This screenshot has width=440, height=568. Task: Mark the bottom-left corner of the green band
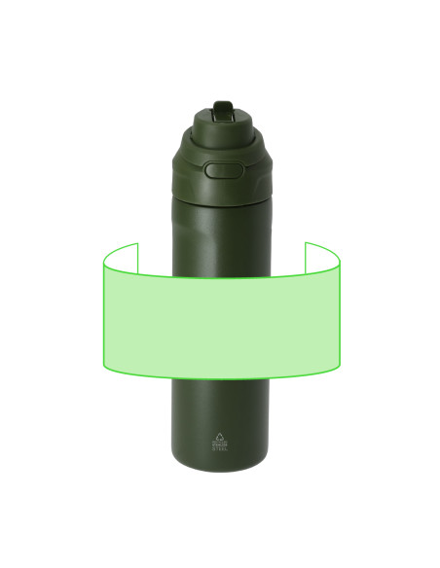(x=104, y=368)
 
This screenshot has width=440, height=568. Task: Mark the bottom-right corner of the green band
(x=339, y=368)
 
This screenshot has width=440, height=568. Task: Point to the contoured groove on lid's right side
(x=255, y=173)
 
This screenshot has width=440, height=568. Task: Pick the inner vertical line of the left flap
(x=137, y=259)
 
